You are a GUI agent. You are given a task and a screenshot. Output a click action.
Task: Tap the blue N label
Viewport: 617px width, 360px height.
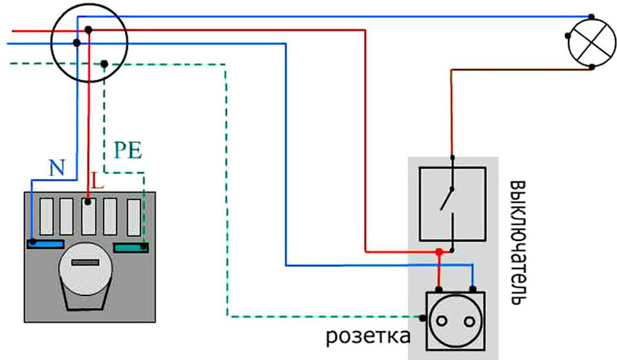coord(56,168)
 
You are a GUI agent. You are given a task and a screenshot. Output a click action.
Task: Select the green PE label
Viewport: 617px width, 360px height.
coord(128,152)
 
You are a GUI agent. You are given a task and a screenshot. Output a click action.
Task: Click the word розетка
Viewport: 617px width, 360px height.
coord(367,337)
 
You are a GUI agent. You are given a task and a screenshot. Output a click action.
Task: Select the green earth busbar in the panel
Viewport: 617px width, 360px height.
coord(131,248)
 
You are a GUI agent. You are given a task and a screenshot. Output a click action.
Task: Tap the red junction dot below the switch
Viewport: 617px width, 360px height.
coord(438,252)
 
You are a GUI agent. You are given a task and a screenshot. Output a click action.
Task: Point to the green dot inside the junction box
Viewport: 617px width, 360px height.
coord(105,65)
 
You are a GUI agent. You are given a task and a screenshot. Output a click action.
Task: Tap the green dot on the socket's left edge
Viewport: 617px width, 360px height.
coord(423,317)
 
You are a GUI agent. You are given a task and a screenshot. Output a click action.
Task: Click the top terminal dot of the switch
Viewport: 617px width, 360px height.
coord(452,157)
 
